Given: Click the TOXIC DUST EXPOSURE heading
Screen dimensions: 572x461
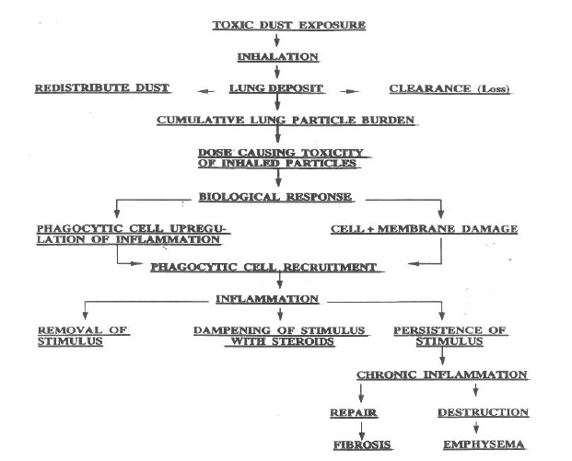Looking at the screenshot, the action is pos(289,25).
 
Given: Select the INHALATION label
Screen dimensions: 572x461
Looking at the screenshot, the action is pos(278,57).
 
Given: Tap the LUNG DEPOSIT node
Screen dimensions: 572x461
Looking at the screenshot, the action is pos(276,88).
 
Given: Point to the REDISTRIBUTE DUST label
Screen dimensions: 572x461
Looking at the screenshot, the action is pos(102,87).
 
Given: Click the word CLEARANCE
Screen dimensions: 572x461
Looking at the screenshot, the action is pos(430,88).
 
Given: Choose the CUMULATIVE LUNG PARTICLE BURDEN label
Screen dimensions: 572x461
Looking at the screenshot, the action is pos(286,120).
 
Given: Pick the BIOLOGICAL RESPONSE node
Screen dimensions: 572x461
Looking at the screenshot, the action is pos(275,197).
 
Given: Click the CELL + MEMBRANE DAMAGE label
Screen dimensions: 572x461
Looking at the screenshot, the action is pos(425,229).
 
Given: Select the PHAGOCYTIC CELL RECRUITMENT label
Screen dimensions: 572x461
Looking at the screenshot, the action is pos(263,267).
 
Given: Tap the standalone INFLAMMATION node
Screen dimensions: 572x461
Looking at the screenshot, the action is pos(267,299).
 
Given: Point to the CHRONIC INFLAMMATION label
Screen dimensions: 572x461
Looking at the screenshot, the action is pos(442,375).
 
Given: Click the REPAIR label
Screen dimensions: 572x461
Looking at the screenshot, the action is pos(354,413).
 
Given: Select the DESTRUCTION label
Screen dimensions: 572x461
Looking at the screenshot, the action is pos(484,412).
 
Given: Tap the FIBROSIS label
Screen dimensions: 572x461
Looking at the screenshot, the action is pos(362,445).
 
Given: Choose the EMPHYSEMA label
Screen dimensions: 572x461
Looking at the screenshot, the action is pos(484,444).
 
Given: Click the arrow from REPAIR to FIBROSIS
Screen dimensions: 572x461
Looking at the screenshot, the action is pos(361,431).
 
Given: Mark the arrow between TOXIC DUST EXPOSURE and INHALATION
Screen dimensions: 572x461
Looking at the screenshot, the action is pos(276,40).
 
